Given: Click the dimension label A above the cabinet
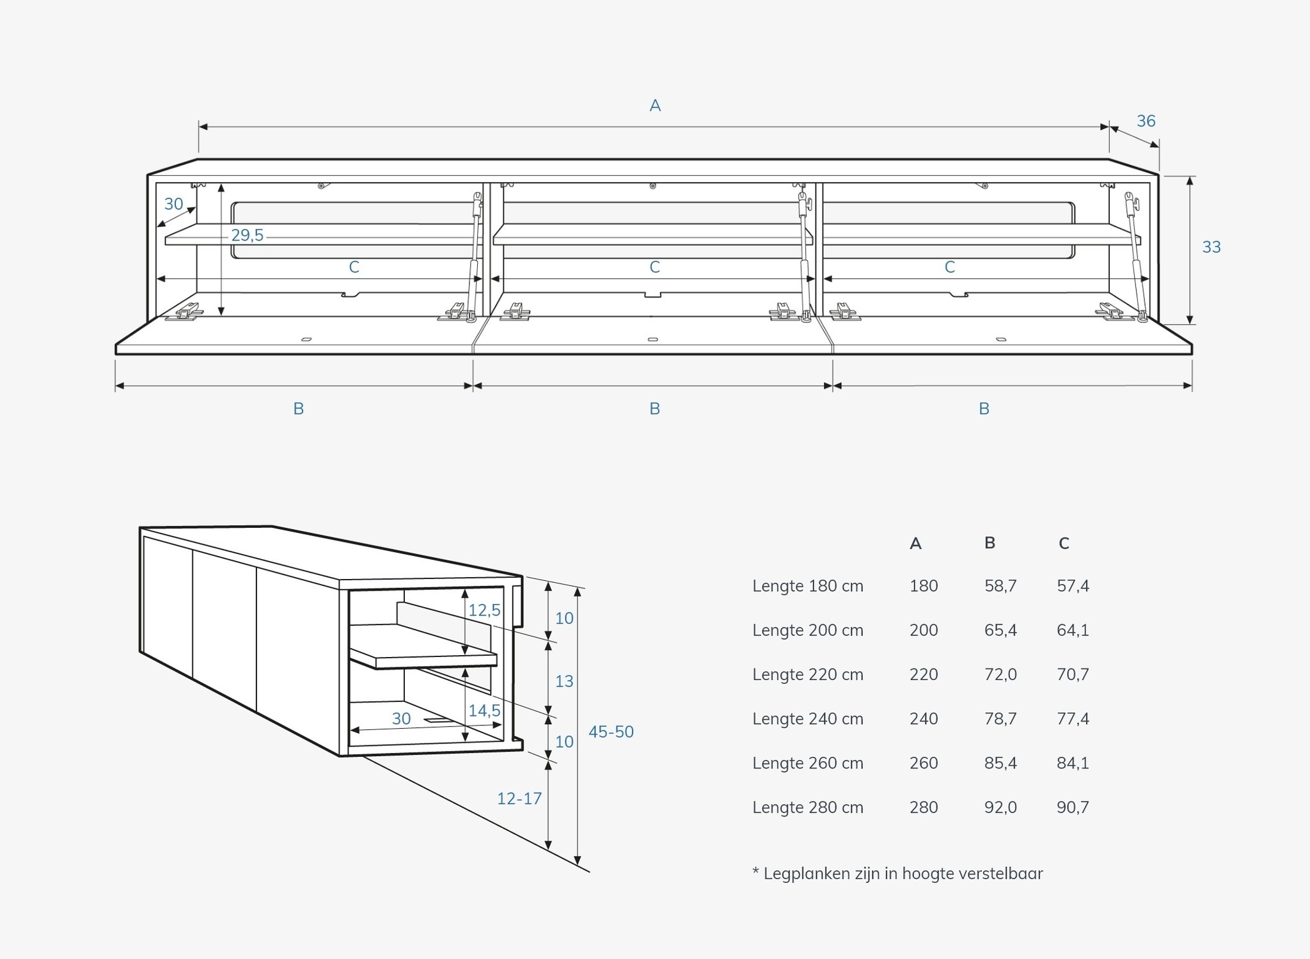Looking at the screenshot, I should point(655,106).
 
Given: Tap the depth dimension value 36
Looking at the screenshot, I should point(1146,121).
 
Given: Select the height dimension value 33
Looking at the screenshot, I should point(1211,247).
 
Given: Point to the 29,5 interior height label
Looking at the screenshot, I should point(247,235).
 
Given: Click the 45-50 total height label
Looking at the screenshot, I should point(611,731).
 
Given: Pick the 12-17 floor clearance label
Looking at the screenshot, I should point(519,798).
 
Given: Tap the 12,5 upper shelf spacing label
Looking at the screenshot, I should point(484,610).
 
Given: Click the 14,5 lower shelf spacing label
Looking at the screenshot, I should point(484,710).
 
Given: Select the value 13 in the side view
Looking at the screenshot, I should point(564,681).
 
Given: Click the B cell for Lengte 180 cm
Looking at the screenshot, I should point(1000,585).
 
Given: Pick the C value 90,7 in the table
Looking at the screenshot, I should point(1073,807).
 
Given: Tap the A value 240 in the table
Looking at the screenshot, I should point(924,718).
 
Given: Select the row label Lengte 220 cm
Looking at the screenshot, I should point(807,674).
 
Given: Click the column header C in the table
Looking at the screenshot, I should point(1064,543).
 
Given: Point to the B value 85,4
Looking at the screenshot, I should point(1000,763).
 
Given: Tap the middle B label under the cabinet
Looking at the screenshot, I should point(654,408).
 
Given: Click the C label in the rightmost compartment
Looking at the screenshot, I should point(950,267).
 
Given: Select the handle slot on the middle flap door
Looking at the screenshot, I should point(652,339).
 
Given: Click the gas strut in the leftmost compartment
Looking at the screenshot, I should point(474,256).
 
